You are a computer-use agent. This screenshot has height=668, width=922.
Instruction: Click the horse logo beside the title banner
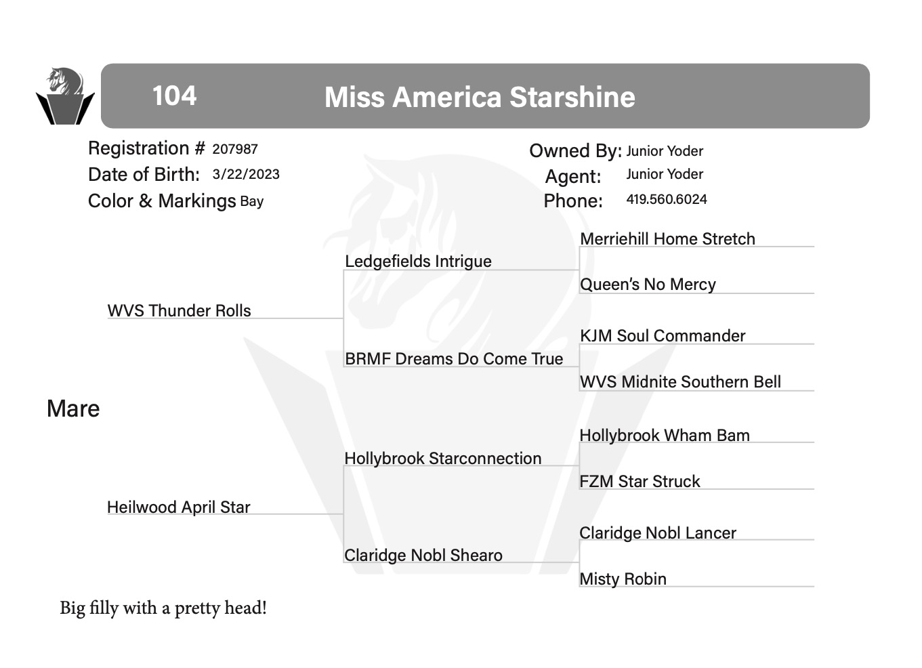click(65, 96)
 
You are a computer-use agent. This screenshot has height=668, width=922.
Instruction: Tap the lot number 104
click(175, 96)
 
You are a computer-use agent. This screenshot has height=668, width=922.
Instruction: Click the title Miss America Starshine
click(480, 97)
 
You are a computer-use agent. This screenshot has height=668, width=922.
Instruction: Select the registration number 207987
click(235, 149)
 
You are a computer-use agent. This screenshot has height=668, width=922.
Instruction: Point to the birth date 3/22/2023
click(246, 174)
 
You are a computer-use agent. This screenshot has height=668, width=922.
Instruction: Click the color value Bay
click(252, 202)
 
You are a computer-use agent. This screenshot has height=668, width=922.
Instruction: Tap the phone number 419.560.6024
click(667, 199)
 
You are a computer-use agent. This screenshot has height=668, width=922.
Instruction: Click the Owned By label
click(575, 150)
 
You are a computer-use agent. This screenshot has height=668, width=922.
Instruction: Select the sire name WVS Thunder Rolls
click(179, 311)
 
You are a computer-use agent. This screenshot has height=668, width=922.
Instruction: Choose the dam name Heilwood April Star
click(179, 507)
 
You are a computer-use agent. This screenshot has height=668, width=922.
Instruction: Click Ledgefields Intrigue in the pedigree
click(418, 262)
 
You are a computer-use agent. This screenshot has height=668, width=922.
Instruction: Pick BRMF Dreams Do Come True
click(454, 359)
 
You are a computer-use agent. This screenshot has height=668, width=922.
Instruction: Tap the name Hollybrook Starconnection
click(443, 459)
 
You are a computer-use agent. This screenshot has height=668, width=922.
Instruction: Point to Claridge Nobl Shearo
click(423, 556)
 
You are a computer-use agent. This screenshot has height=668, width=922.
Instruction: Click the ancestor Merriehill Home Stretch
click(668, 238)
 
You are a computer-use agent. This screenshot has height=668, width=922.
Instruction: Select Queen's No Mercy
click(648, 285)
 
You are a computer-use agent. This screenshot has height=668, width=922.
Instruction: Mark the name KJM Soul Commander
click(663, 336)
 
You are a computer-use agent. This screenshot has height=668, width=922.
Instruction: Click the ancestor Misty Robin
click(623, 579)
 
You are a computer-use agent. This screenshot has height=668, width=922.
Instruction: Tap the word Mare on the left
click(73, 409)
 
